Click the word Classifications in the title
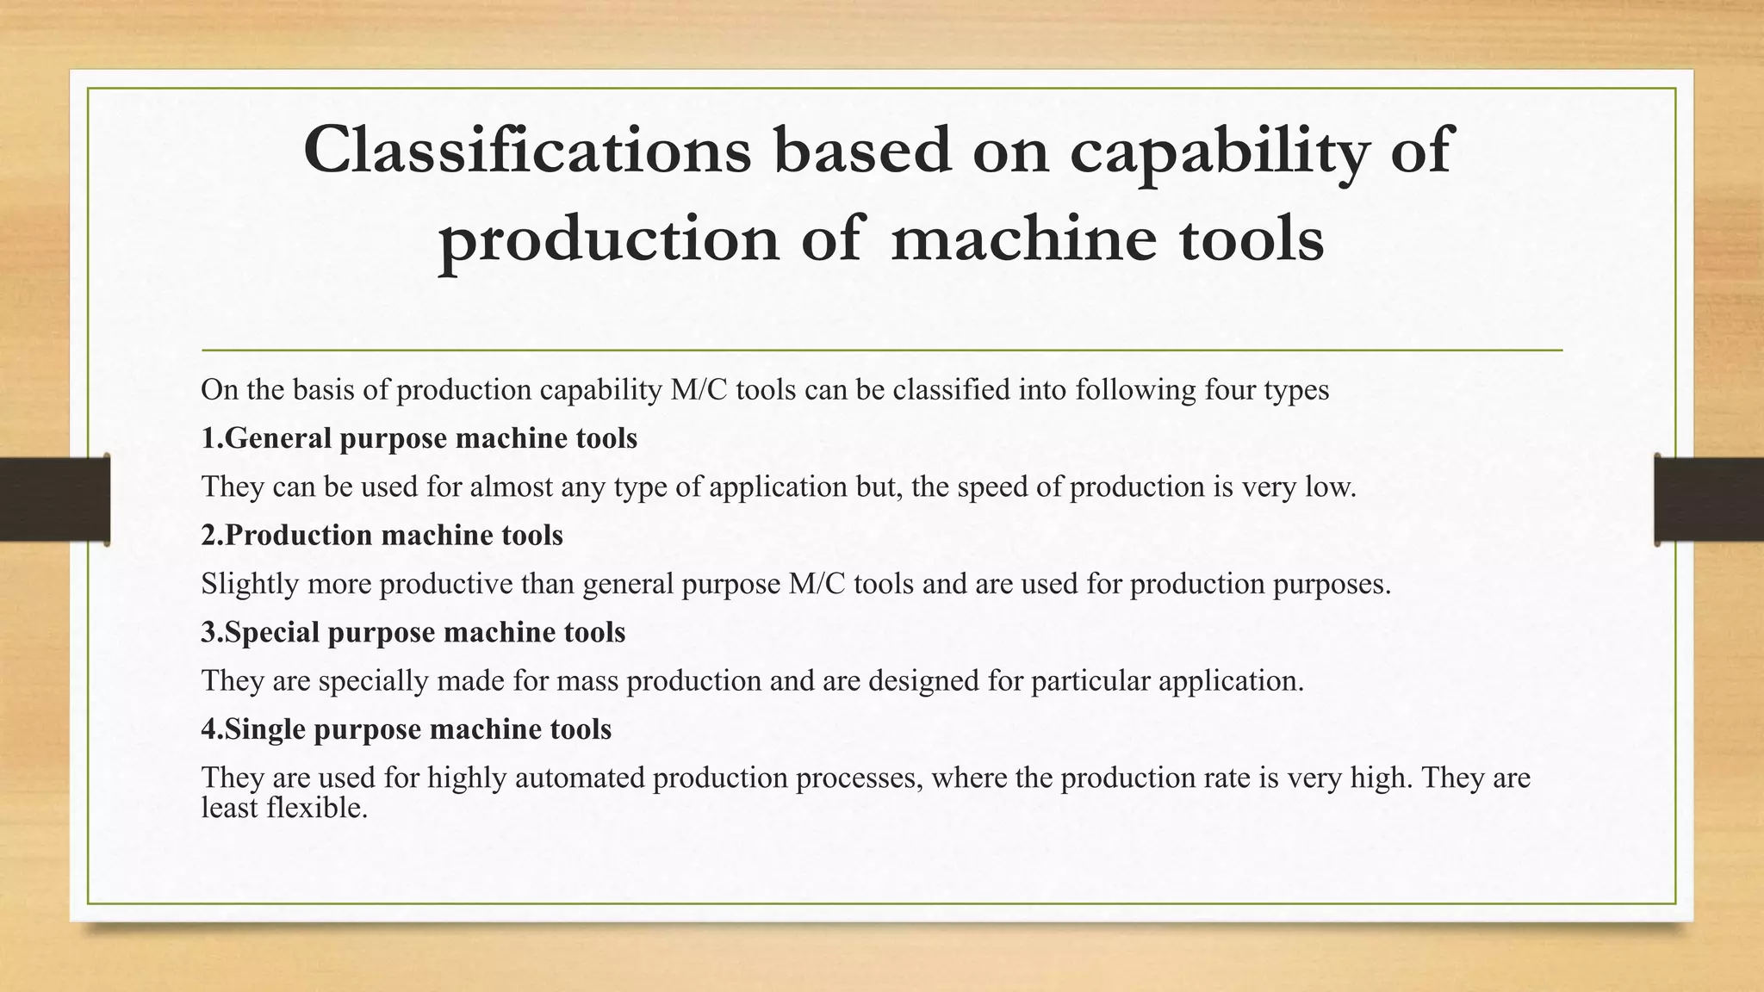[x=526, y=150]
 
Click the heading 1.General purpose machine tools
[x=419, y=438]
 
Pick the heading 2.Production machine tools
[x=382, y=536]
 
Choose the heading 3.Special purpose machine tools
[x=413, y=632]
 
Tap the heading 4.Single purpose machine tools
[x=406, y=729]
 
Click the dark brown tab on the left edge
[x=54, y=499]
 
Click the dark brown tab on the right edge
[x=1709, y=499]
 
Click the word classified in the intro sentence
[x=952, y=390]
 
